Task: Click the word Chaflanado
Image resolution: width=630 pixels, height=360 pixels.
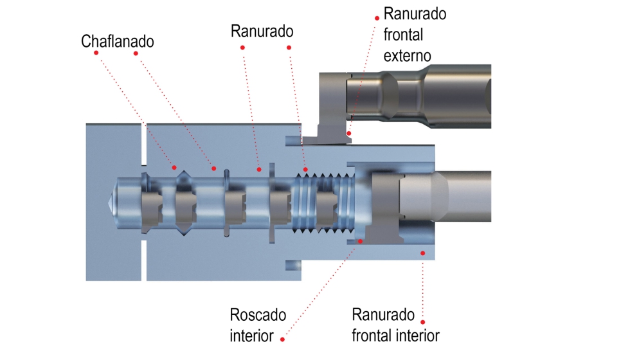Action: pyautogui.click(x=118, y=41)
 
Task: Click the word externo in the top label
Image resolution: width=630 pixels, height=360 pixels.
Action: pyautogui.click(x=407, y=55)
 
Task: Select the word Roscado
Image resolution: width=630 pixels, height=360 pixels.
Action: pyautogui.click(x=258, y=316)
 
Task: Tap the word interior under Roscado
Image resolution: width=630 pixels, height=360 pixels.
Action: pyautogui.click(x=252, y=336)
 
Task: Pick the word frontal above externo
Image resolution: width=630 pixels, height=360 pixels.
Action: pyautogui.click(x=403, y=35)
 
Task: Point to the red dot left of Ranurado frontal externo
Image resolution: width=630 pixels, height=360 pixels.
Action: pyautogui.click(x=377, y=18)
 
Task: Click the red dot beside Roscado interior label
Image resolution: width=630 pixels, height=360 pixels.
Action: pyautogui.click(x=283, y=337)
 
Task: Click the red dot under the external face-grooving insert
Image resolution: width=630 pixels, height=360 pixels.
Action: pyautogui.click(x=348, y=133)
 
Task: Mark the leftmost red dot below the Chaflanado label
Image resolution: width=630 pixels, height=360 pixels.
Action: pyautogui.click(x=96, y=53)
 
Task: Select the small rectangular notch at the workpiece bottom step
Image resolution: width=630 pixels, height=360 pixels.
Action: pyautogui.click(x=293, y=264)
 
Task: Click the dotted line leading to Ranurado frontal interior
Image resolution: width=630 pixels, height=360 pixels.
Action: pyautogui.click(x=422, y=289)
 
